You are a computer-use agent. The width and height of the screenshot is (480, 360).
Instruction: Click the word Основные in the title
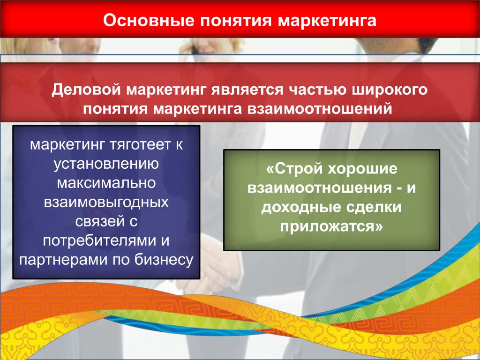tap(149, 20)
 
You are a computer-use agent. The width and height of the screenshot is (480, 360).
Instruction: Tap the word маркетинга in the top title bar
tap(327, 21)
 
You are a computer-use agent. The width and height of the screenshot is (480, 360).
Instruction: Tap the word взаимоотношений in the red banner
tap(320, 109)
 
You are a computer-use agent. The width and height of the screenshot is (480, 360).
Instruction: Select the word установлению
tap(106, 164)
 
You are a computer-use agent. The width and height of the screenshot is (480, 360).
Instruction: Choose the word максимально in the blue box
tap(106, 183)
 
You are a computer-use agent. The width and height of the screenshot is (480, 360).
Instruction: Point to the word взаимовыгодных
tap(106, 202)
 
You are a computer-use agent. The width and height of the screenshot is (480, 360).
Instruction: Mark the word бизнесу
tap(164, 260)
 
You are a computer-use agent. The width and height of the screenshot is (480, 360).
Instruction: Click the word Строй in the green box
tap(294, 169)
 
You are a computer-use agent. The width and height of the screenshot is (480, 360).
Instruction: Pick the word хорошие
tap(362, 169)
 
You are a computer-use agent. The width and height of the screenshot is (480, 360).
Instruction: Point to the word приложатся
tap(331, 227)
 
